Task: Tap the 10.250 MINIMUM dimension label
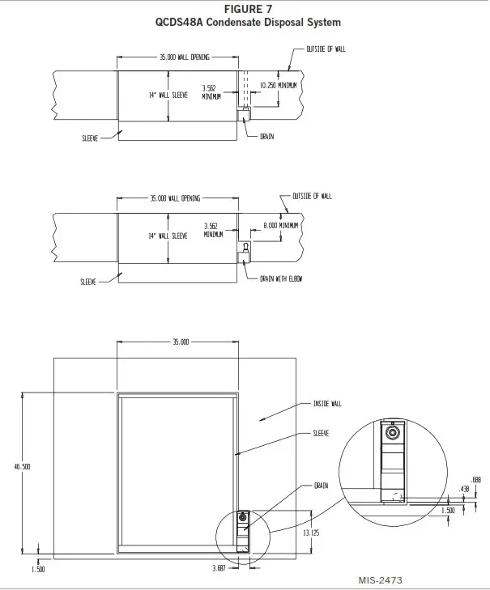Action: point(278,84)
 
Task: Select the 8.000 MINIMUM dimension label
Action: point(281,225)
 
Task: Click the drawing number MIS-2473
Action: point(380,580)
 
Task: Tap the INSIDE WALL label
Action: point(327,403)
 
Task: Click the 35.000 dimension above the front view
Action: point(180,342)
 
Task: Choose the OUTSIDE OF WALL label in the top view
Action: point(326,49)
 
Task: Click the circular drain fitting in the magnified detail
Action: point(394,434)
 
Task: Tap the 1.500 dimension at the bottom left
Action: point(37,569)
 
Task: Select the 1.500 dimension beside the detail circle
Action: point(447,511)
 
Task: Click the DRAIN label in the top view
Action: point(266,136)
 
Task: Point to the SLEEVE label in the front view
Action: point(321,433)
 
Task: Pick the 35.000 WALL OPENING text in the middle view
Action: point(175,197)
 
